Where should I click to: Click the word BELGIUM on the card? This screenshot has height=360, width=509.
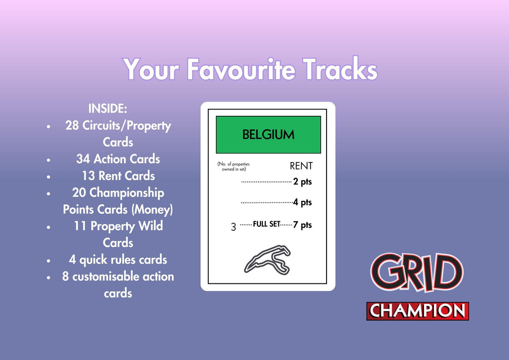pos(268,135)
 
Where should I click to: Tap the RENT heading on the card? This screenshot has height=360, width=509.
pos(301,166)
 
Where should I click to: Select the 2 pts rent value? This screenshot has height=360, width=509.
pos(303,182)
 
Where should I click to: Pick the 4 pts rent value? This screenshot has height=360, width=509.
pos(303,203)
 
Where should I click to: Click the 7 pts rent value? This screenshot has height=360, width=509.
pos(303,225)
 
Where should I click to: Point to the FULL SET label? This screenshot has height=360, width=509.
pos(266,224)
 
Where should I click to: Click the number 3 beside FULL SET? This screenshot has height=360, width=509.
pos(234,228)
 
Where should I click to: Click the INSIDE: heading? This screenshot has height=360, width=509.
pos(108,108)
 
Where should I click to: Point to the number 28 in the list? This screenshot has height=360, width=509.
pos(72,125)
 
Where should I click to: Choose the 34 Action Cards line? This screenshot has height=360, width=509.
pos(118,159)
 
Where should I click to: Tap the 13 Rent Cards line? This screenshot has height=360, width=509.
pos(118,176)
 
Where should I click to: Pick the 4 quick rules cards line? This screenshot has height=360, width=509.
pos(118,260)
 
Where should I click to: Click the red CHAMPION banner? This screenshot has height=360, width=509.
pos(418,311)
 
